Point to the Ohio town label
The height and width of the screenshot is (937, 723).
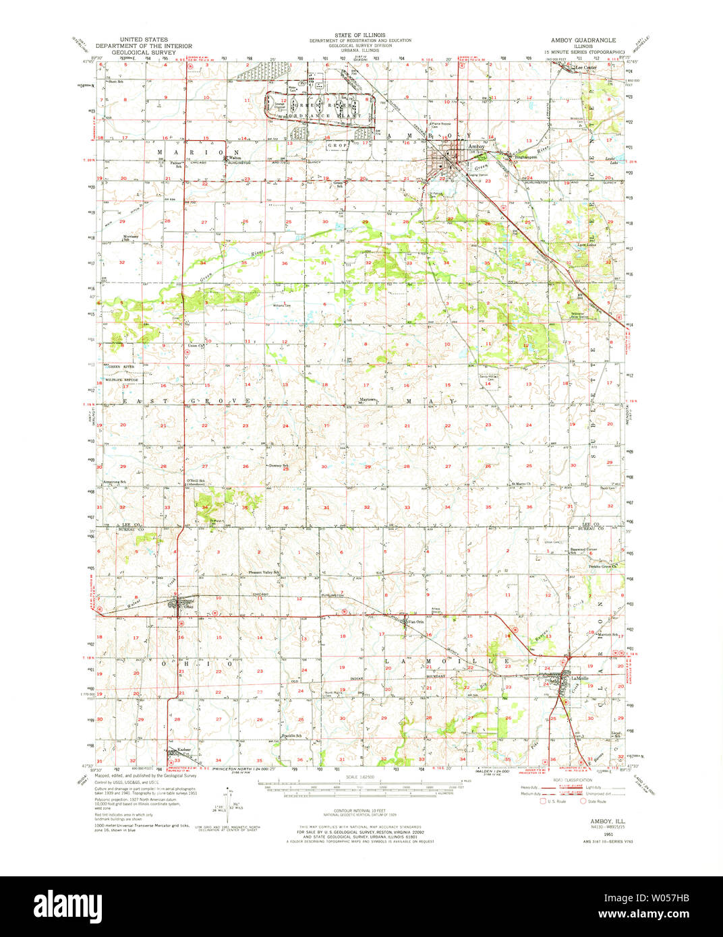coord(188,607)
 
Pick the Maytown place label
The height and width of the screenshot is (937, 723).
coord(366,400)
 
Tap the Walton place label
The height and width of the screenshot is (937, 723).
coord(235,159)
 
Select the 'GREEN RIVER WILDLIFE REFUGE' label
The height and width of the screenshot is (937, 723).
coord(121,373)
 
